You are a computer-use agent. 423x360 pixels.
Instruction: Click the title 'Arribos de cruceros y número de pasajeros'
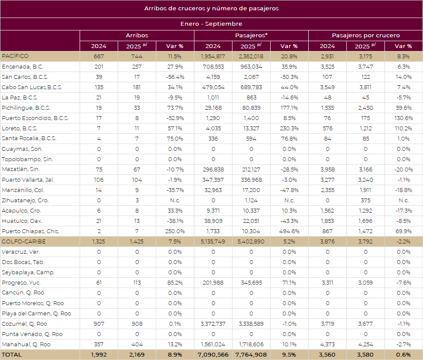(211, 9)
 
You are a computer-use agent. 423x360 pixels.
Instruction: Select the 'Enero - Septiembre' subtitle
(211, 24)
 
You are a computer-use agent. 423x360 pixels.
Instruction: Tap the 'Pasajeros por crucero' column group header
(366, 36)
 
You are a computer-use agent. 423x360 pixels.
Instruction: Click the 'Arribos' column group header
(137, 36)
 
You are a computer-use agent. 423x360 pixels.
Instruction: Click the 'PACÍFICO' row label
(15, 56)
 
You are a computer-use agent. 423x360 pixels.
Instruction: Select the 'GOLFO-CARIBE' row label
(24, 242)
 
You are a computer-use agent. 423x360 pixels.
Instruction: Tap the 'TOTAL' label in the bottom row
(12, 355)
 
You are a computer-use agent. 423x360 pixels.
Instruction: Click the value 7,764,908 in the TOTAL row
(251, 355)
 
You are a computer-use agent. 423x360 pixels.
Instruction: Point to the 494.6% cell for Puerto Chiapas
(289, 231)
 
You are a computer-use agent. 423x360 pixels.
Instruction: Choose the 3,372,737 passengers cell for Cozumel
(213, 324)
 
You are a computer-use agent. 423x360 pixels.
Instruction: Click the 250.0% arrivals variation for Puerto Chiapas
(175, 231)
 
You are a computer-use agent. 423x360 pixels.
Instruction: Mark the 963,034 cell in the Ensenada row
(251, 67)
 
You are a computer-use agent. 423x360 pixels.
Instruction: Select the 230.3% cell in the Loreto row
(289, 129)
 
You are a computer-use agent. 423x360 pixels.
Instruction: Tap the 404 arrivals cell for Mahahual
(137, 345)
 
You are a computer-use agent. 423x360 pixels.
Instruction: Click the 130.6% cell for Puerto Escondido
(403, 118)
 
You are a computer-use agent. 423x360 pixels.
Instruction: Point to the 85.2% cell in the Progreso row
(175, 283)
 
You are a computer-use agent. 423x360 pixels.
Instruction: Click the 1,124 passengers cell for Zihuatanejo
(251, 201)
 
